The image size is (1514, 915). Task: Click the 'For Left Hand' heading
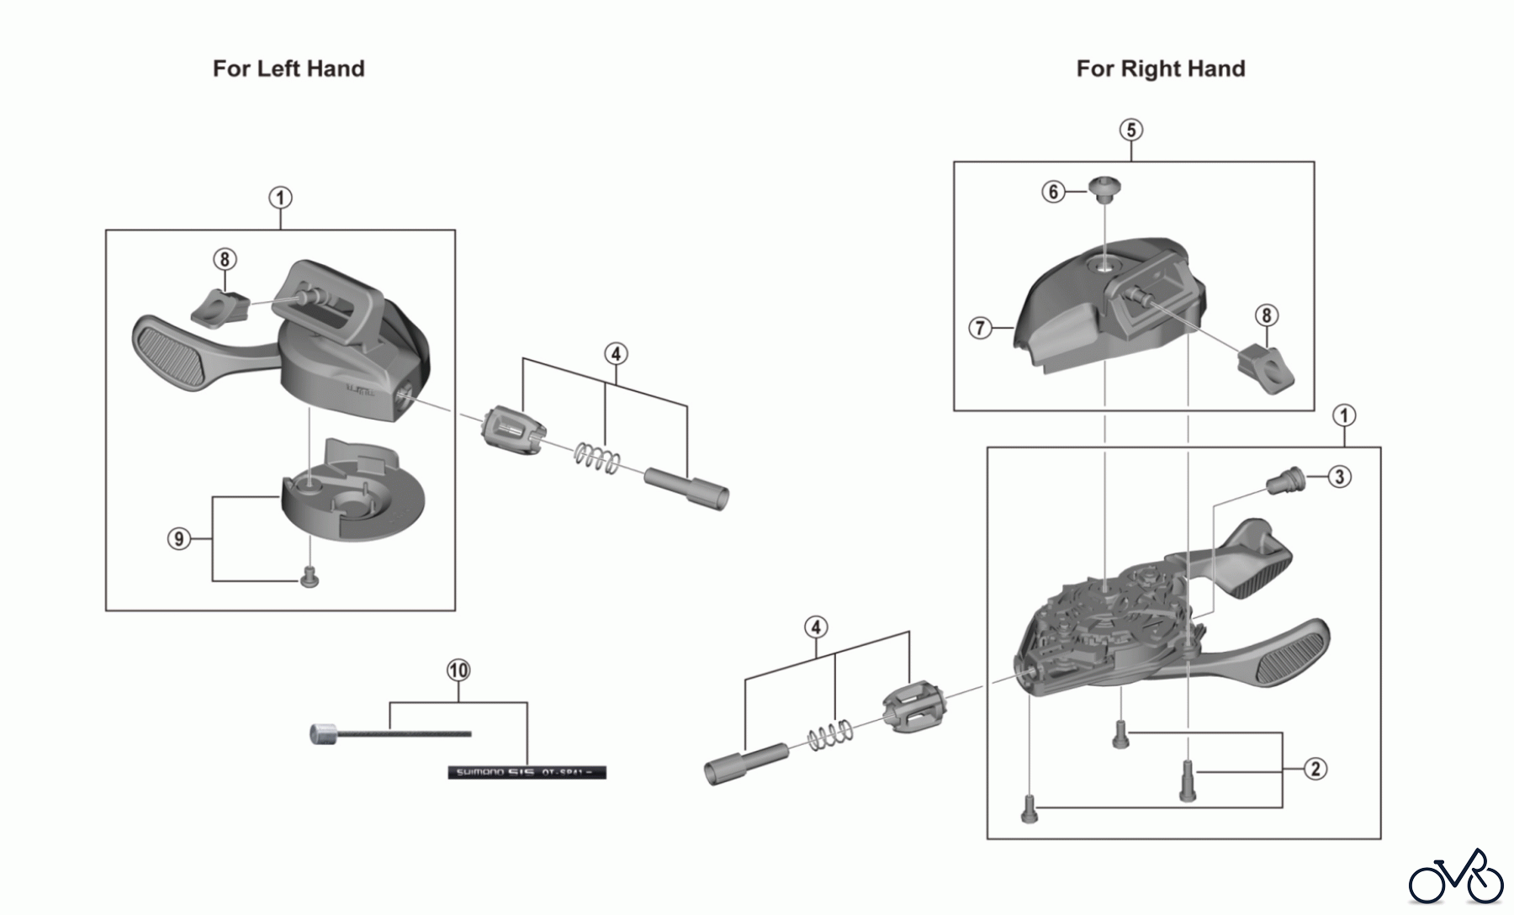click(289, 68)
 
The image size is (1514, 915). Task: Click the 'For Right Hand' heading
click(1160, 68)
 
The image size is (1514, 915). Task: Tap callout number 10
click(458, 670)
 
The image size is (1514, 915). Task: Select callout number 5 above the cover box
click(1131, 130)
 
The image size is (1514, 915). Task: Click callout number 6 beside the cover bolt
click(1053, 192)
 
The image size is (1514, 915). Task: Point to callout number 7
click(980, 327)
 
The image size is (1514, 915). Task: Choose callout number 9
click(178, 538)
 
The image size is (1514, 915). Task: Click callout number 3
click(1339, 477)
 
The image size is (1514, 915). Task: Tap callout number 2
click(1315, 768)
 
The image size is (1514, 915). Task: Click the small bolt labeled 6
click(1100, 188)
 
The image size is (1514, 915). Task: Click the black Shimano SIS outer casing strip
click(527, 772)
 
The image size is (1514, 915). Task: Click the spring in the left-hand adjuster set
click(597, 458)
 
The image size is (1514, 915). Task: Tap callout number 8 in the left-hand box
click(225, 259)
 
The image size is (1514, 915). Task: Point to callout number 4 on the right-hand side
click(815, 627)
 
